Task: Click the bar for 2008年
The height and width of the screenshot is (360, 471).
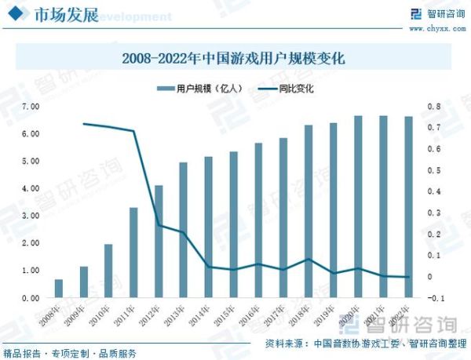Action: (58, 289)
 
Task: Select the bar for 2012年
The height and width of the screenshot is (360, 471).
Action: (159, 242)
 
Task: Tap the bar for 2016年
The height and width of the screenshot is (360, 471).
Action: (258, 220)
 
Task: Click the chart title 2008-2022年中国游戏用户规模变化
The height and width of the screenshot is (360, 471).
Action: (235, 58)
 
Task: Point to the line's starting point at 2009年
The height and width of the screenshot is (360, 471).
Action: (83, 124)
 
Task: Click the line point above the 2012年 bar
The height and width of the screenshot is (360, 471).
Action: (159, 226)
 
